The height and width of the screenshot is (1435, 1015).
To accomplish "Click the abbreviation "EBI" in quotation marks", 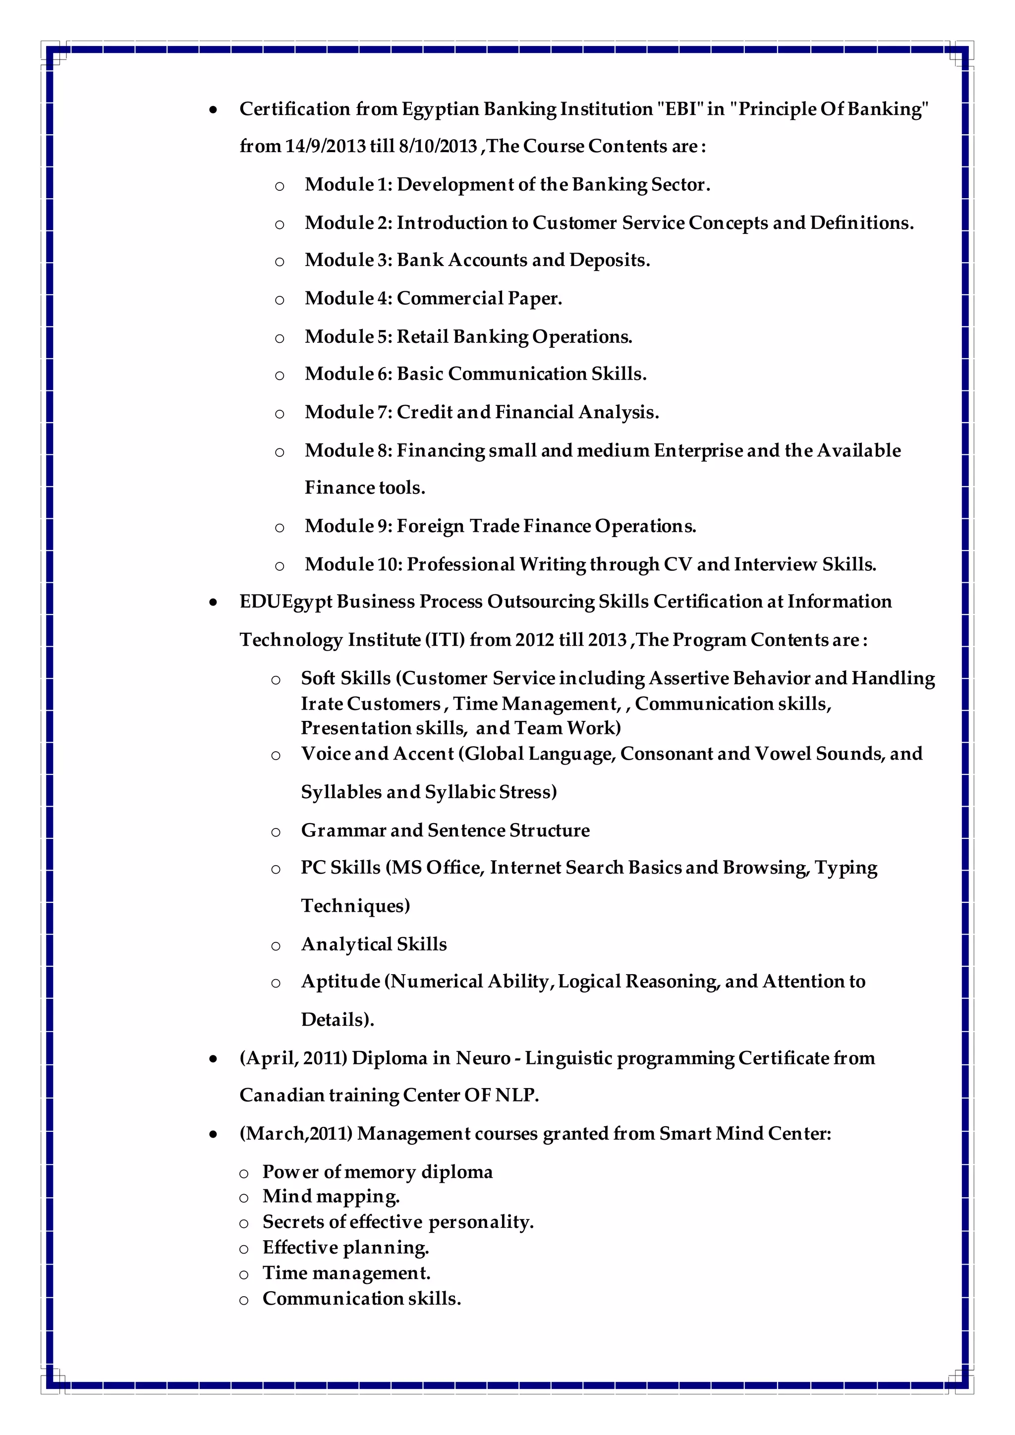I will click(680, 110).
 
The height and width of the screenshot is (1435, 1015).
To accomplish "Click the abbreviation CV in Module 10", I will click(677, 564).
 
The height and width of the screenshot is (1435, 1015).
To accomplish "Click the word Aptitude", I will click(340, 982).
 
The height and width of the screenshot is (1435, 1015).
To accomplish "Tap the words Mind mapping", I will click(331, 1197).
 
